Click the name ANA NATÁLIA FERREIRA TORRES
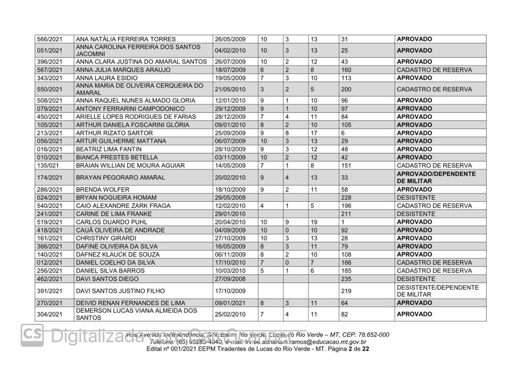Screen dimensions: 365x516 [125, 39]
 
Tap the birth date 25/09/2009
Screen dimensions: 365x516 [230, 133]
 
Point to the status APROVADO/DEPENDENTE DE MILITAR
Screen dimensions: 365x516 [436, 177]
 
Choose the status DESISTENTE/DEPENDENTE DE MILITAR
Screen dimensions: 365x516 [437, 291]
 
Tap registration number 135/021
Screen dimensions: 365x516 [48, 165]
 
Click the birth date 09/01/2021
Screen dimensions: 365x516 [230, 303]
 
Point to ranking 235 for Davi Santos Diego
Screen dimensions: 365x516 [347, 279]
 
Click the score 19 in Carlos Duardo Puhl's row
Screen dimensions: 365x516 [313, 222]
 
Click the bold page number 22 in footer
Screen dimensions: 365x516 [365, 349]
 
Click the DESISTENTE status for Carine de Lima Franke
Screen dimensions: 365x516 [416, 214]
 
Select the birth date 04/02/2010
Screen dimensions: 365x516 [230, 50]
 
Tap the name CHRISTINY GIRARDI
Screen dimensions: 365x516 [106, 238]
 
